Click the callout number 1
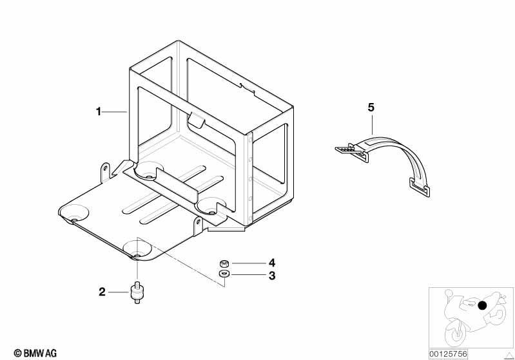pyautogui.click(x=98, y=111)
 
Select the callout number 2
pyautogui.click(x=102, y=292)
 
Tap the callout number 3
pyautogui.click(x=272, y=276)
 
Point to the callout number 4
pyautogui.click(x=272, y=263)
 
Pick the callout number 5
pyautogui.click(x=371, y=108)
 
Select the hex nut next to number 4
pyautogui.click(x=224, y=263)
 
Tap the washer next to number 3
pyautogui.click(x=224, y=274)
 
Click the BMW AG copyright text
pyautogui.click(x=35, y=353)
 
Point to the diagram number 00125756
pyautogui.click(x=448, y=354)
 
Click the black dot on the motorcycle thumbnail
pyautogui.click(x=482, y=305)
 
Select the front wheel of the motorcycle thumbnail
pyautogui.click(x=456, y=332)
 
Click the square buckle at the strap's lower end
pyautogui.click(x=420, y=187)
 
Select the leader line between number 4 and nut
pyautogui.click(x=249, y=263)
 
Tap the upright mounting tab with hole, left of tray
pyautogui.click(x=105, y=172)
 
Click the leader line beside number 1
pyautogui.click(x=114, y=112)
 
